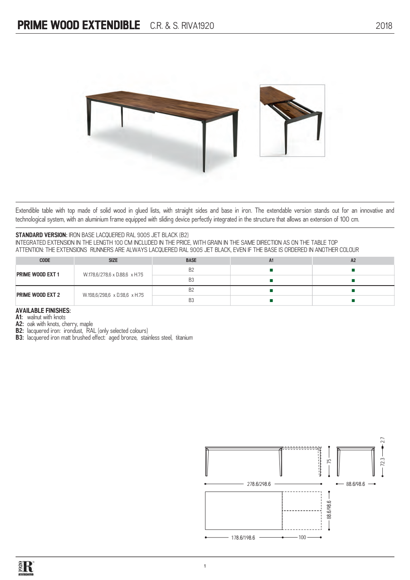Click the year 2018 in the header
[x=384, y=26]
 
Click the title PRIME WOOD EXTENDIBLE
[x=79, y=26]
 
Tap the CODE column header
[x=45, y=260]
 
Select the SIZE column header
[x=113, y=260]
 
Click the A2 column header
[x=353, y=260]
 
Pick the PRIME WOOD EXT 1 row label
[x=38, y=275]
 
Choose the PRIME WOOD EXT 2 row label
[x=38, y=295]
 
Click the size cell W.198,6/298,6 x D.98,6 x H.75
[x=113, y=295]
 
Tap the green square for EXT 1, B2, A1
[x=271, y=270]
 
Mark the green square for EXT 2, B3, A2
[x=353, y=300]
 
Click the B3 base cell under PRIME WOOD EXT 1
[x=191, y=280]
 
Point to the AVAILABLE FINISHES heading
[x=43, y=310]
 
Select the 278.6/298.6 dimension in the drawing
[x=259, y=484]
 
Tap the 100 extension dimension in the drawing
[x=302, y=537]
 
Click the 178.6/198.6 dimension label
[x=243, y=538]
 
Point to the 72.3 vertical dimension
[x=382, y=462]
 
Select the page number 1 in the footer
[x=205, y=566]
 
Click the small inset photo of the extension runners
[x=292, y=120]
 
